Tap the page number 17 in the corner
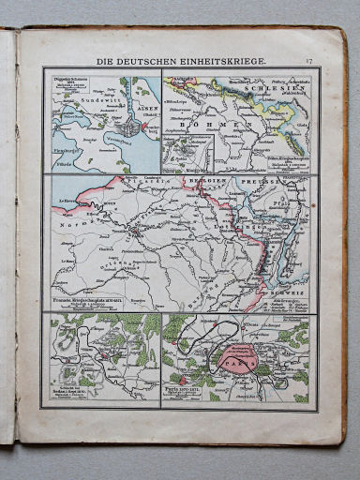pos(308,61)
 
